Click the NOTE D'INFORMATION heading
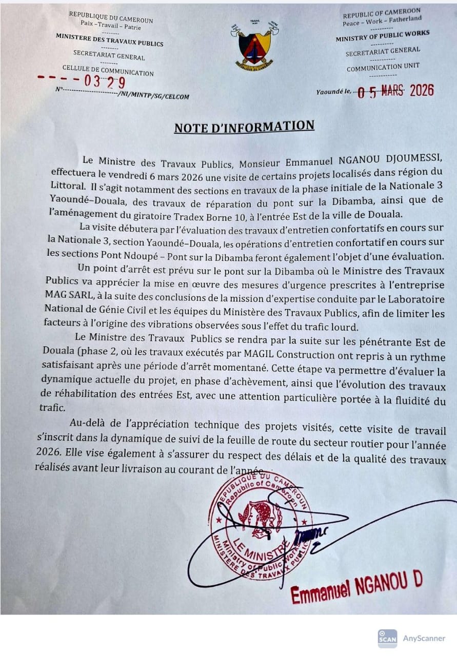[244, 127]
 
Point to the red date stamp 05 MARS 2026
[395, 91]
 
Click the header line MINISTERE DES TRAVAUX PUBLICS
[110, 40]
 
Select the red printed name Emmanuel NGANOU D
[356, 587]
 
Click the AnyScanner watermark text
[424, 638]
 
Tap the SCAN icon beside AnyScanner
[387, 638]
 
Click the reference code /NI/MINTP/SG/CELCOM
[153, 96]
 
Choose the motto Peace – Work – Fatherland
[382, 20]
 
